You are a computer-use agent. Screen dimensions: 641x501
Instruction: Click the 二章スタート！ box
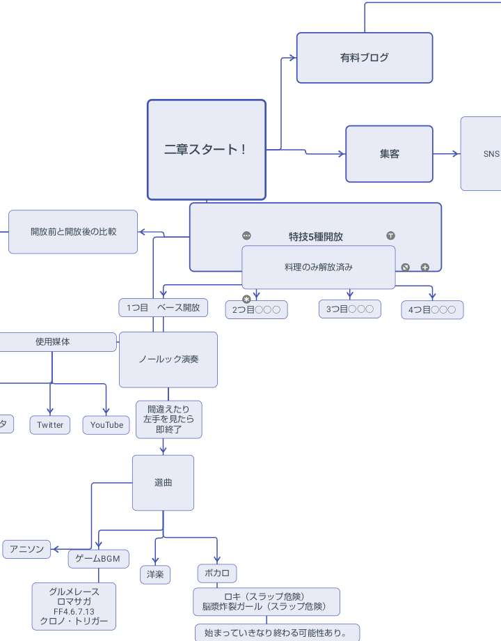[x=206, y=150]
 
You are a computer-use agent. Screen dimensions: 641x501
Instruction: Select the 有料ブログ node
[x=364, y=58]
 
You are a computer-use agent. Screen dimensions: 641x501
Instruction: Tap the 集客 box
[x=389, y=154]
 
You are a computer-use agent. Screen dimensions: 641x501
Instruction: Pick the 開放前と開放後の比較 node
[x=73, y=231]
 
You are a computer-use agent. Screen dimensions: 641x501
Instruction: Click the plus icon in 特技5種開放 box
[x=425, y=267]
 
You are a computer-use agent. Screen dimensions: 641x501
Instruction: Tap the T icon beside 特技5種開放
[x=390, y=235]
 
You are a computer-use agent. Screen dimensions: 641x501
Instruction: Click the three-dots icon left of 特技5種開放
[x=246, y=235]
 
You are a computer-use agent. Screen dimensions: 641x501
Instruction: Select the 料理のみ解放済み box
[x=318, y=267]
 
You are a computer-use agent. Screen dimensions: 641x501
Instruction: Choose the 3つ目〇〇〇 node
[x=349, y=309]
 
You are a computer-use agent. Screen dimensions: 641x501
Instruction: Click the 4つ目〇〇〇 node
[x=431, y=309]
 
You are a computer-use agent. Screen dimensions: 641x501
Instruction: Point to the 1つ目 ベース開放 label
[x=163, y=307]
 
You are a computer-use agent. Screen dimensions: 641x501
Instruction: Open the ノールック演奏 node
[x=168, y=360]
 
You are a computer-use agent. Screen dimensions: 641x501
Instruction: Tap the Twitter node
[x=50, y=425]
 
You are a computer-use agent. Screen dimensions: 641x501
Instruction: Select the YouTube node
[x=106, y=425]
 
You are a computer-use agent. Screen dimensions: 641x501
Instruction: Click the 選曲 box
[x=163, y=482]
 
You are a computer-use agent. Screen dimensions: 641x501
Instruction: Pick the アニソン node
[x=26, y=549]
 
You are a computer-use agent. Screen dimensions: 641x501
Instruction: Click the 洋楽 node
[x=154, y=574]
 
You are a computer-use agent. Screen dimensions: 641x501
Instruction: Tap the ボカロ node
[x=216, y=573]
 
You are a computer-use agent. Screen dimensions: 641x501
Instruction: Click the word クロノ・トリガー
[x=74, y=621]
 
